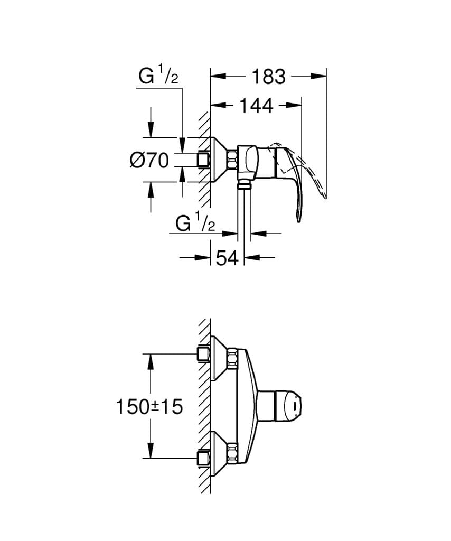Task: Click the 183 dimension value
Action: click(x=268, y=77)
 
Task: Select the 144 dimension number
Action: click(x=256, y=106)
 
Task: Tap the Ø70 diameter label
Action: click(x=149, y=160)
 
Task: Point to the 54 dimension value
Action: click(x=228, y=258)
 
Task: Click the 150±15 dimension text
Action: click(x=149, y=406)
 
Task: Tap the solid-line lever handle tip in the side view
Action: click(x=299, y=218)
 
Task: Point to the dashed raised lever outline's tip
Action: click(x=325, y=197)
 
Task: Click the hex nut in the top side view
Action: click(x=232, y=159)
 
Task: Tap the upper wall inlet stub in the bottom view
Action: click(x=203, y=353)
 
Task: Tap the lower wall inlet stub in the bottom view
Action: click(x=203, y=457)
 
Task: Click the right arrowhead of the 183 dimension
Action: click(x=322, y=77)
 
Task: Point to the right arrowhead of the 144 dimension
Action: click(x=297, y=106)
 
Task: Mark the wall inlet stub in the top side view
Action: click(x=203, y=160)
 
